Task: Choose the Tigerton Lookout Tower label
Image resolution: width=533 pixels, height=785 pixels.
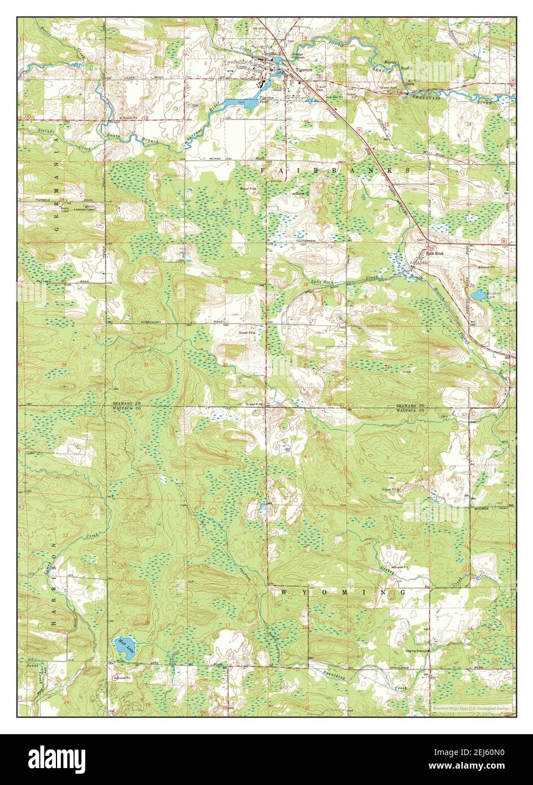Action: (89, 208)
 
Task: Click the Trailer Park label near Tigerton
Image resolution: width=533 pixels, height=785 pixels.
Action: (321, 88)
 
